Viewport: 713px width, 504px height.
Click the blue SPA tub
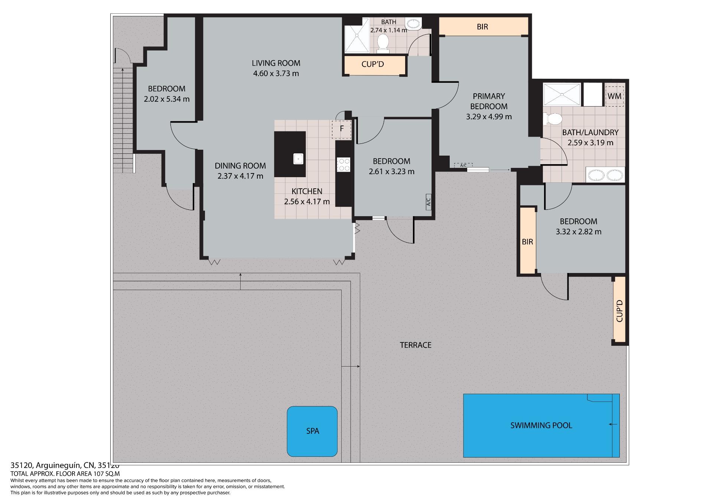[x=312, y=431]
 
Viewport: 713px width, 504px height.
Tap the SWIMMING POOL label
[x=541, y=425]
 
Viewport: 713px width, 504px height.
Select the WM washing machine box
[x=615, y=96]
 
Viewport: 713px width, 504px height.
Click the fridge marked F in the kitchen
[x=342, y=129]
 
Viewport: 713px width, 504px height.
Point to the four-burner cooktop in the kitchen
[x=343, y=165]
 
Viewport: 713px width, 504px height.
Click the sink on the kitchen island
[x=298, y=159]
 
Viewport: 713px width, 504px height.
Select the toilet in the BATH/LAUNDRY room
[x=553, y=119]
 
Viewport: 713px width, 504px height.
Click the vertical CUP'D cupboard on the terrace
[x=619, y=310]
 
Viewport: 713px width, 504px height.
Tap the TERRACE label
[x=416, y=345]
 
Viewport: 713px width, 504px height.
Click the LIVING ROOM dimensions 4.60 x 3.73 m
[x=276, y=74]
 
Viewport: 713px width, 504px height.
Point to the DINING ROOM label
[x=240, y=166]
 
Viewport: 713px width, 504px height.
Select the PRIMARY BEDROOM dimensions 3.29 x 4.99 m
[x=489, y=117]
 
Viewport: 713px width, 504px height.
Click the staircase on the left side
[x=123, y=120]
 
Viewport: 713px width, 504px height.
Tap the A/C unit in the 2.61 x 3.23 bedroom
[x=429, y=202]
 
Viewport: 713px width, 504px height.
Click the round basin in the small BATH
[x=413, y=25]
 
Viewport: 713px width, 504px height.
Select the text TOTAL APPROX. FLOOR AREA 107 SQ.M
[x=65, y=474]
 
